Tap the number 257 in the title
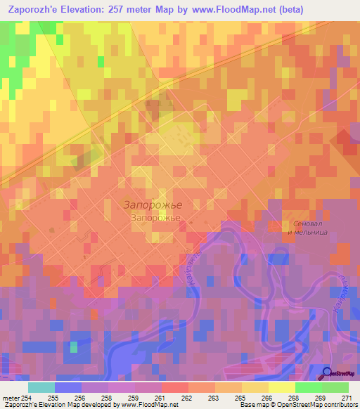123,10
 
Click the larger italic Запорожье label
153,205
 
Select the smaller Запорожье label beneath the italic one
155,218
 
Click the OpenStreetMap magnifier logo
328,372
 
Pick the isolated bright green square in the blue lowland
74,346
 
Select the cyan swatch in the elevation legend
41,387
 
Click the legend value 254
26,398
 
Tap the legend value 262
188,398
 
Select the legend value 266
267,398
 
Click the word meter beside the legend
9,398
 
